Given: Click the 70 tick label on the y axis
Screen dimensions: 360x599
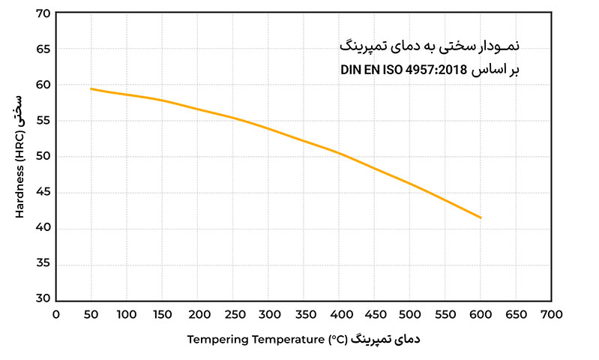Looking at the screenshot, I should click(43, 13).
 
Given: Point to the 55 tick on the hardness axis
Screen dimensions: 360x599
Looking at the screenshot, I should click(43, 121).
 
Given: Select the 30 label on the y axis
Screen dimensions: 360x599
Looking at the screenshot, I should click(43, 298).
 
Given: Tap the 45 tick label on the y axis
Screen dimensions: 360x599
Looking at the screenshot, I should click(43, 192).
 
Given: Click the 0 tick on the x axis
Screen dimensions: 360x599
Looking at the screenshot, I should click(55, 315).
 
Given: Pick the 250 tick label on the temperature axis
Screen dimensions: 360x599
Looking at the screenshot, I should click(233, 315).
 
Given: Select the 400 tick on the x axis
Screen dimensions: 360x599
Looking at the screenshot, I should click(340, 315).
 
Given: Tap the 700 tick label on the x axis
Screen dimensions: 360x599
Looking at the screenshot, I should click(553, 315).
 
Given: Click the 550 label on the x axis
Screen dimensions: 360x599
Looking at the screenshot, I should click(446, 315).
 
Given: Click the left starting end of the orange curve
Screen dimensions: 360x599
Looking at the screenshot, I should click(91, 88).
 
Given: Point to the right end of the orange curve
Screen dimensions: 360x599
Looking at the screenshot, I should click(481, 217).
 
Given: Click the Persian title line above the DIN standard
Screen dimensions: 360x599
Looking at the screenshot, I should click(428, 46).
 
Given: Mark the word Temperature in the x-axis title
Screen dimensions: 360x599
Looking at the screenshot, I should click(287, 340).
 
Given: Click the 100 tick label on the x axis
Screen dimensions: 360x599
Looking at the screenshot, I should click(127, 315).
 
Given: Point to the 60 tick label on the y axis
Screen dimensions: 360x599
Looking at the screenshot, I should click(43, 85).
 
